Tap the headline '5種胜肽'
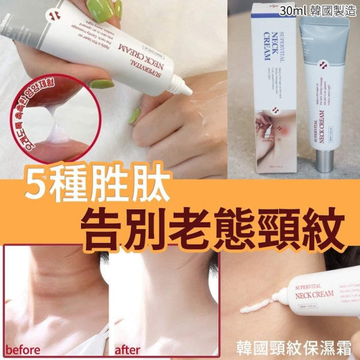(x=91, y=188)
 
